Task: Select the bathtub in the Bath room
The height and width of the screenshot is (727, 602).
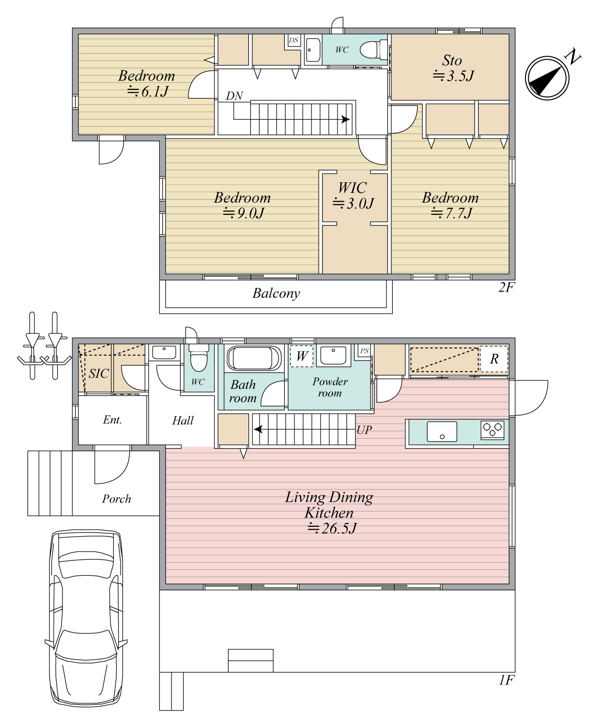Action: coord(254,358)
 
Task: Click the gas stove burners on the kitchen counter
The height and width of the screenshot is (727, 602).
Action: coord(493,429)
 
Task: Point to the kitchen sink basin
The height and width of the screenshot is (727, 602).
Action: coord(442,432)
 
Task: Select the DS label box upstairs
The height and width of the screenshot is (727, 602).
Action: coord(293,40)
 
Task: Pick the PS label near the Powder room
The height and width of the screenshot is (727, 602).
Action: coord(364,350)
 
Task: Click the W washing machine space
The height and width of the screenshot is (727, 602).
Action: coord(302,355)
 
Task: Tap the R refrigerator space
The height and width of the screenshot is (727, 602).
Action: coord(494,359)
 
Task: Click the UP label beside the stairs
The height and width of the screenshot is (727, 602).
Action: coord(364,430)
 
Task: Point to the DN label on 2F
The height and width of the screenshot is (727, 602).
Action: coord(234,96)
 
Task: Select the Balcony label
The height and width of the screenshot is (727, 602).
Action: coord(276,293)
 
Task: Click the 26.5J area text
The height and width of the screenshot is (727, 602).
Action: coord(333,528)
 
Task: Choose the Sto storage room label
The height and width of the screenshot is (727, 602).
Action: coord(452,61)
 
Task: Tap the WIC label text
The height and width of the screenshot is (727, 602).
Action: coord(353,188)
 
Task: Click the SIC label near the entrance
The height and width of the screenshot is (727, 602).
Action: coord(98,374)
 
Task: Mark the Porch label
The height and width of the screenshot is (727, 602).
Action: coord(117,499)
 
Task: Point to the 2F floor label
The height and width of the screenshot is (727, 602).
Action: coord(506,287)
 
